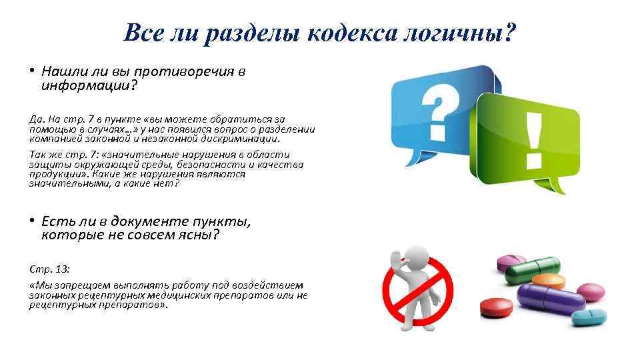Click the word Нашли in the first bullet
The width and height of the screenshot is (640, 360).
pos(61,71)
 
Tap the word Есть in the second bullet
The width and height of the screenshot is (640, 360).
pos(56,221)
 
